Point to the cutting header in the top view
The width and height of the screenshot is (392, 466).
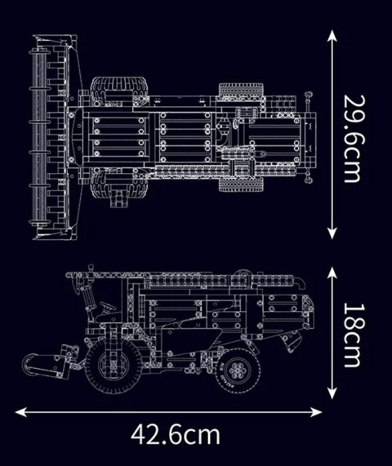point(38,135)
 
